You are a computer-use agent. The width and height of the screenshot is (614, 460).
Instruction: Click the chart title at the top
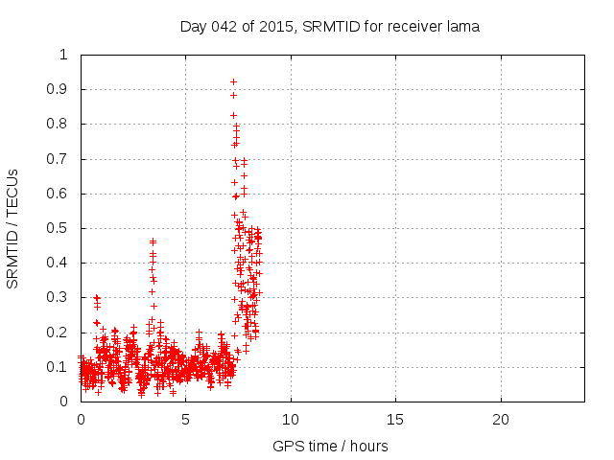pos(329,27)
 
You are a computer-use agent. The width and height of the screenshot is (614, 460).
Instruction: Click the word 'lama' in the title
pos(462,27)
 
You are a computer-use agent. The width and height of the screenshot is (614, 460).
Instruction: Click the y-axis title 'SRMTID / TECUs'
pos(13,228)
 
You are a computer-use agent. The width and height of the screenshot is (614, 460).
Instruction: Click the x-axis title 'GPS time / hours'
pos(330,446)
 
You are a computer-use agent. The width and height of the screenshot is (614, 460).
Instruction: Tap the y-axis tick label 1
pos(64,55)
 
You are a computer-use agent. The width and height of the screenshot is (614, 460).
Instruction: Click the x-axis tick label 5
pos(185,420)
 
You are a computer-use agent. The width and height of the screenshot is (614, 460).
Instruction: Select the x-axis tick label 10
pos(290,420)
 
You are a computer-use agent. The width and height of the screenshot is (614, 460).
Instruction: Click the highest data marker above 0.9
pos(233,81)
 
